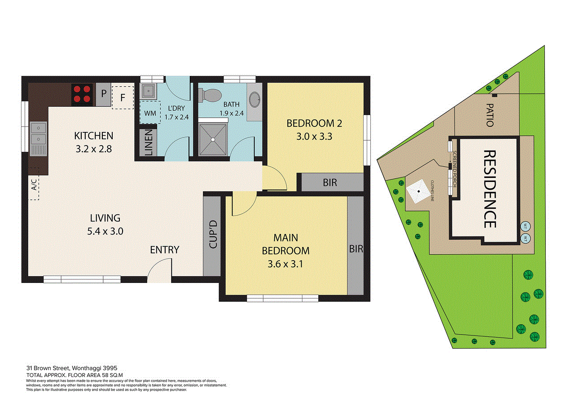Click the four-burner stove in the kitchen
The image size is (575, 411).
(x=82, y=94)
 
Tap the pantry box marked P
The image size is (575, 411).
(x=103, y=94)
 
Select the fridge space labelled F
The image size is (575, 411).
(x=123, y=97)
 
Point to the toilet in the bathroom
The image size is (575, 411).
(x=210, y=95)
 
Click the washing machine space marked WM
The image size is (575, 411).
(x=150, y=113)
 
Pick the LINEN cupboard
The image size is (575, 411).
(x=149, y=142)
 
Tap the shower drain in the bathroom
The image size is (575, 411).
(x=213, y=140)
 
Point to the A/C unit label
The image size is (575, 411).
(x=34, y=185)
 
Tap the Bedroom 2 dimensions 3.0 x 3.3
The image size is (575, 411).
(x=314, y=137)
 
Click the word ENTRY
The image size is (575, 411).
(x=165, y=250)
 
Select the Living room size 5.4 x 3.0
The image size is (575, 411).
(x=105, y=231)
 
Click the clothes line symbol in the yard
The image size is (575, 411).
(x=419, y=191)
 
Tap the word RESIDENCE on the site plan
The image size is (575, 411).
(x=490, y=189)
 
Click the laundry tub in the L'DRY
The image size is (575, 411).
(x=148, y=91)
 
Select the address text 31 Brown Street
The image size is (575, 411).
(x=48, y=368)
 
